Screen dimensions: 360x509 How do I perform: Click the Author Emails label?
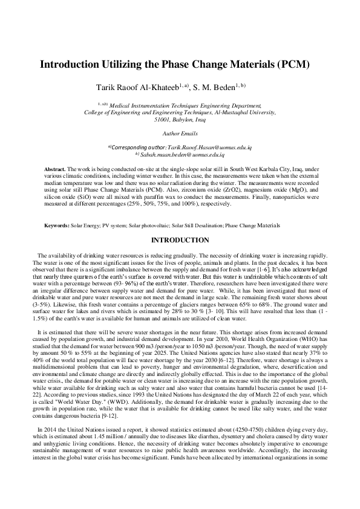point(180,133)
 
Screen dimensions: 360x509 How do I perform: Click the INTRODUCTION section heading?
point(180,240)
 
